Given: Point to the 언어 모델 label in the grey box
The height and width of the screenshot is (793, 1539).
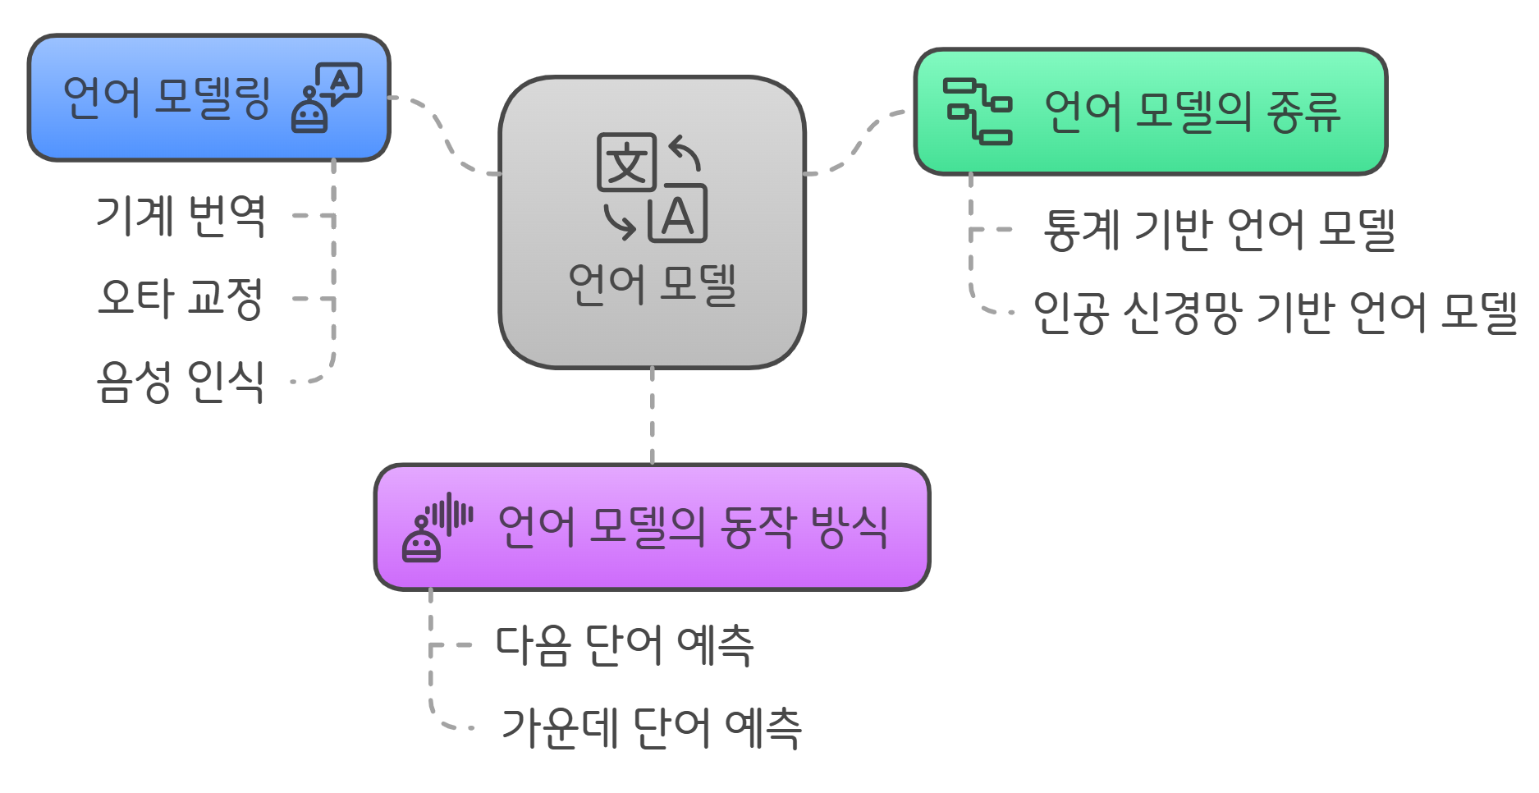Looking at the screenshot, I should [653, 284].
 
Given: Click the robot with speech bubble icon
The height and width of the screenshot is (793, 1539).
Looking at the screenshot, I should [326, 98].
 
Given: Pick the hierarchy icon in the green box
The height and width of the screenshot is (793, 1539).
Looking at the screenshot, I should [977, 111].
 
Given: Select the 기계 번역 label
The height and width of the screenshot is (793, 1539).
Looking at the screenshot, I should [181, 216].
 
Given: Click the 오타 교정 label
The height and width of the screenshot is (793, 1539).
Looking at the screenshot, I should [181, 297].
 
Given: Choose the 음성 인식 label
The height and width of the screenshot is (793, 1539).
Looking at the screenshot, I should [181, 381].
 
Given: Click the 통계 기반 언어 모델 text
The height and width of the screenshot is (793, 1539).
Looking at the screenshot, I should [1219, 229].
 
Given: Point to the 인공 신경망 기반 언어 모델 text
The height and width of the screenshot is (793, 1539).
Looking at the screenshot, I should [1275, 312].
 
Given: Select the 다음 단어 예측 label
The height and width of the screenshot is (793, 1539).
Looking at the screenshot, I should [625, 644].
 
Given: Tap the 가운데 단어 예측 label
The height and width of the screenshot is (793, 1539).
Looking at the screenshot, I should [651, 727].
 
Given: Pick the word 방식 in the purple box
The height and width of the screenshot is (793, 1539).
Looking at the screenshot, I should [849, 527].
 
